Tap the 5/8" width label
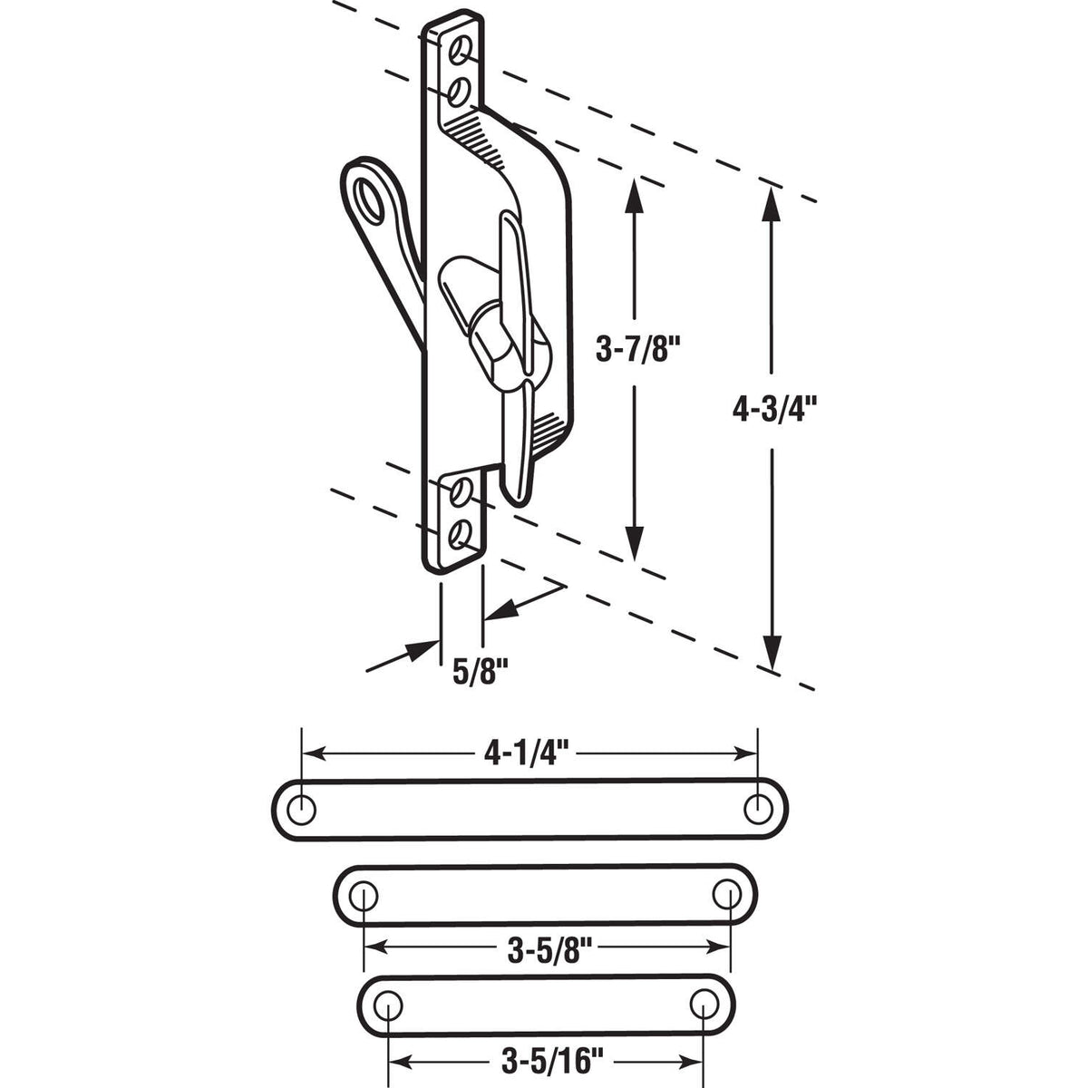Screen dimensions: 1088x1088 [479, 673]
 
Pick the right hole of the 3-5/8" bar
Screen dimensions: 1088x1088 [726, 894]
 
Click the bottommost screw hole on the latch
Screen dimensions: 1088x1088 [462, 531]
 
